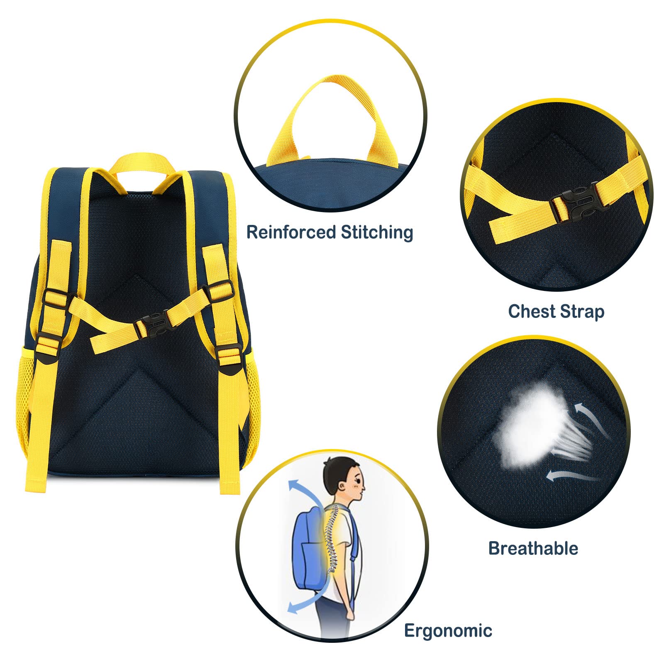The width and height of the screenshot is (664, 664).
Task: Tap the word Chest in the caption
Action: click(531, 311)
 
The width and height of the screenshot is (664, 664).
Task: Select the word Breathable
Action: click(533, 548)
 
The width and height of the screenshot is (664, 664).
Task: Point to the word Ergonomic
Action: click(448, 631)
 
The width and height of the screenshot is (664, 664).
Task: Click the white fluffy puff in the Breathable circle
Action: click(531, 427)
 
